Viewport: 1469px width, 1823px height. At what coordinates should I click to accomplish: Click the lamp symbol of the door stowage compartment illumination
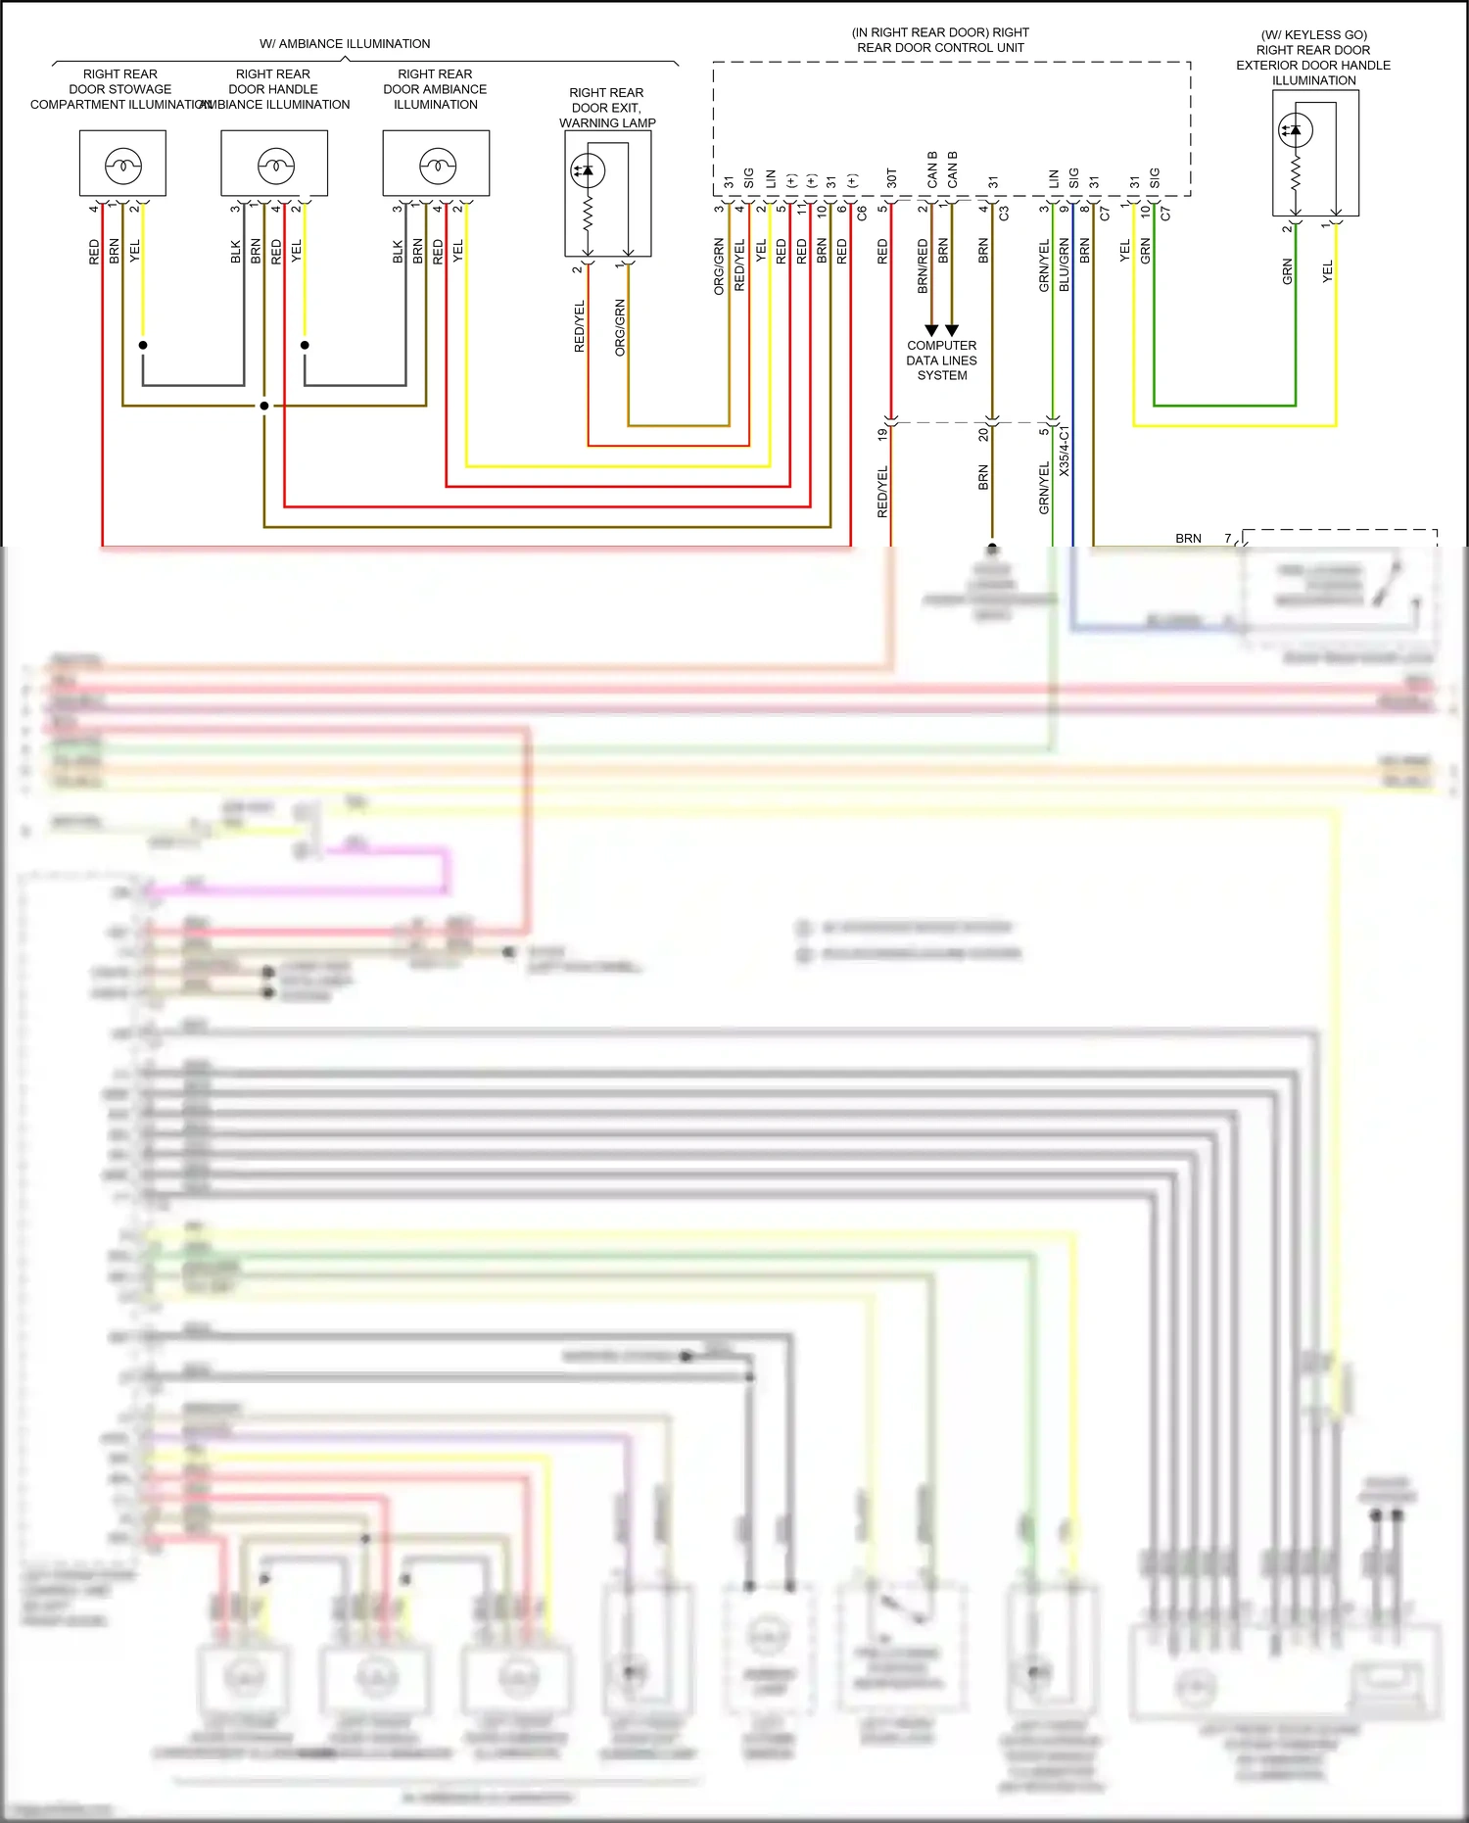click(x=123, y=166)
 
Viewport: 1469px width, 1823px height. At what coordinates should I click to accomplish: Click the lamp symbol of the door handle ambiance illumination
click(x=276, y=166)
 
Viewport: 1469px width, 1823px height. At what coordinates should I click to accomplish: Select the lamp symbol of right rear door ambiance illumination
click(x=438, y=166)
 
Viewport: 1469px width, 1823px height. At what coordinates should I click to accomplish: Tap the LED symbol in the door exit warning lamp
click(x=588, y=170)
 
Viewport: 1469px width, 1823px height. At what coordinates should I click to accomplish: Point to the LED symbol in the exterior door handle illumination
click(x=1296, y=129)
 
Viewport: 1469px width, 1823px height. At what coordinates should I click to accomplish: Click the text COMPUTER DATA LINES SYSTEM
click(x=941, y=360)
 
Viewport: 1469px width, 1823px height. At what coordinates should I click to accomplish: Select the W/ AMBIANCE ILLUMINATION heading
click(x=345, y=44)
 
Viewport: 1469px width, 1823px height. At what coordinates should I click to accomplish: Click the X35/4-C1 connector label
click(x=1065, y=451)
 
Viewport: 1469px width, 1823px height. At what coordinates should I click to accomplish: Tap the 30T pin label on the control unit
click(x=891, y=178)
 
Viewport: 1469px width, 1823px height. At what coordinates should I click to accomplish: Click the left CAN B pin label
click(x=931, y=169)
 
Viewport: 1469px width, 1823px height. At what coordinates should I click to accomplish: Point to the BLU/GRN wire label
click(x=1065, y=264)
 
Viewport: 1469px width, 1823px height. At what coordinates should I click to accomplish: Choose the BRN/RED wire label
click(x=923, y=265)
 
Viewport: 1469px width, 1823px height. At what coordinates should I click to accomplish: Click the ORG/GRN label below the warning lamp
click(x=620, y=327)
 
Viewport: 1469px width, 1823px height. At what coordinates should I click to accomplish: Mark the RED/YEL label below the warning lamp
click(x=579, y=326)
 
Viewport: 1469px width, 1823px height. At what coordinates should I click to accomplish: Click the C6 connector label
click(x=862, y=213)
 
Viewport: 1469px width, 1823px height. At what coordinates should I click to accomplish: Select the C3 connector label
click(x=1004, y=213)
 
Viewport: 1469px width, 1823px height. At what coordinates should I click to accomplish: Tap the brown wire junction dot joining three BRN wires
click(x=264, y=406)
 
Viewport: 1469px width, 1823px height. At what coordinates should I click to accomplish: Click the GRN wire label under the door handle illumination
click(x=1287, y=271)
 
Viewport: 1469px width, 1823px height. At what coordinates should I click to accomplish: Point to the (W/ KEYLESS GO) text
click(x=1313, y=34)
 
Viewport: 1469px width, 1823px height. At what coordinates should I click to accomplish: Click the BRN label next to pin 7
click(x=1188, y=538)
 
